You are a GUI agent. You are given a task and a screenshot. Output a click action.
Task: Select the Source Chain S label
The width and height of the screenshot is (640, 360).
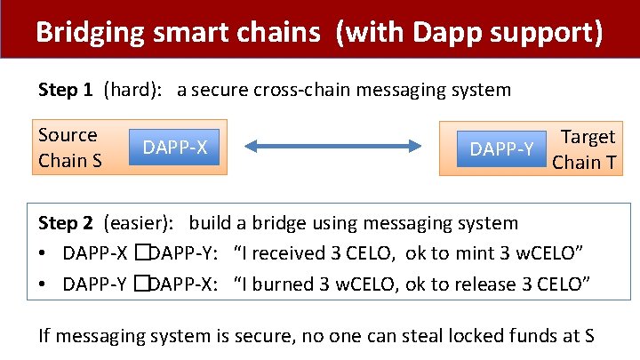point(68,148)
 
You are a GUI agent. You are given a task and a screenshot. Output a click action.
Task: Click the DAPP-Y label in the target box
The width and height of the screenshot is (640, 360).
point(501,149)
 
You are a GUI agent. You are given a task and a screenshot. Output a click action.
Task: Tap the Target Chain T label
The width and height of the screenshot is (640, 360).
point(584,148)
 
